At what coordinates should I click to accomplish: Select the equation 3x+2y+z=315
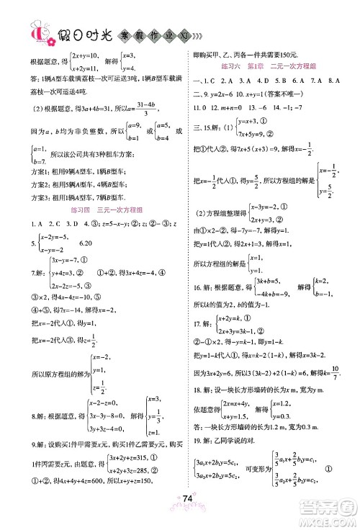pos(134,457)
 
